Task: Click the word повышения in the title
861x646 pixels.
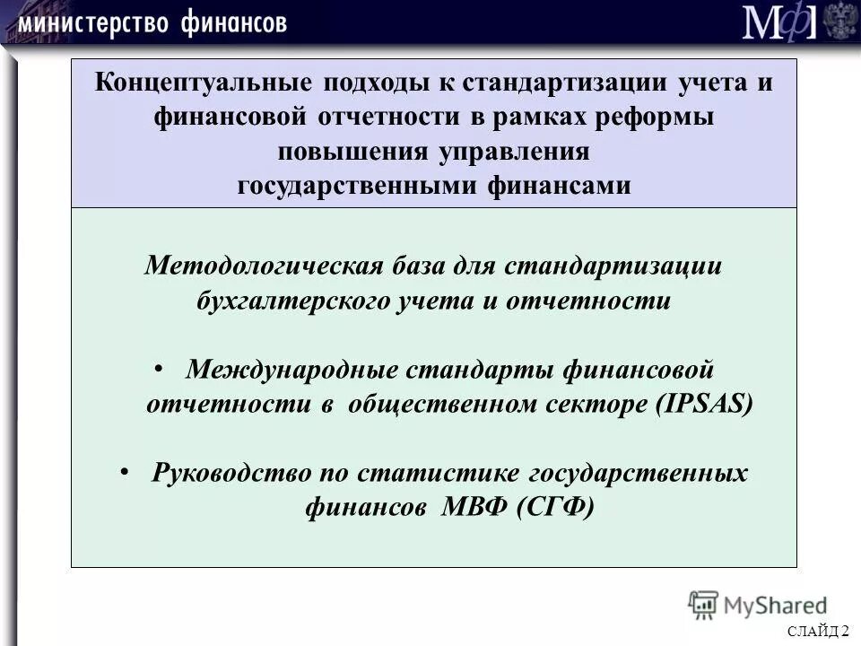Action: point(354,152)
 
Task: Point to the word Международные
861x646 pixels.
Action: point(291,369)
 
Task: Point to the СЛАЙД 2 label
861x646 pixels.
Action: point(819,632)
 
